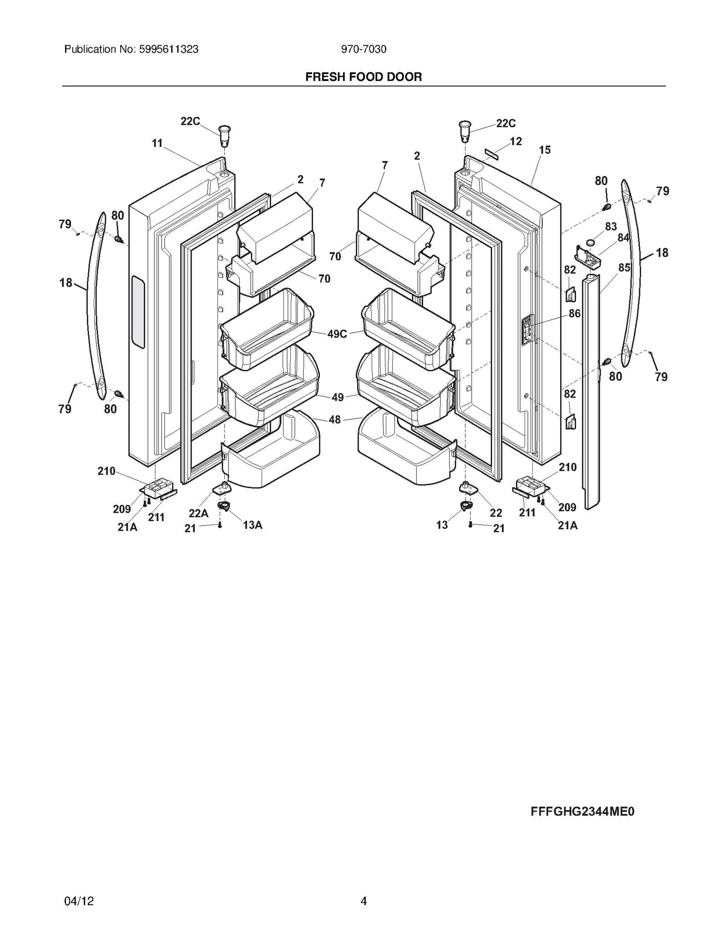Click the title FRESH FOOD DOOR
click(363, 77)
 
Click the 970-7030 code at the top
click(363, 49)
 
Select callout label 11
click(157, 143)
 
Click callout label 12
click(516, 141)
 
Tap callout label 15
click(545, 150)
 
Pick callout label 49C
click(337, 334)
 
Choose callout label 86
click(574, 313)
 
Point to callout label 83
click(611, 227)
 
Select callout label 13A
click(253, 525)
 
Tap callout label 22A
click(198, 513)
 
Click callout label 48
click(334, 419)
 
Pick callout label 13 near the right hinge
click(442, 525)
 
